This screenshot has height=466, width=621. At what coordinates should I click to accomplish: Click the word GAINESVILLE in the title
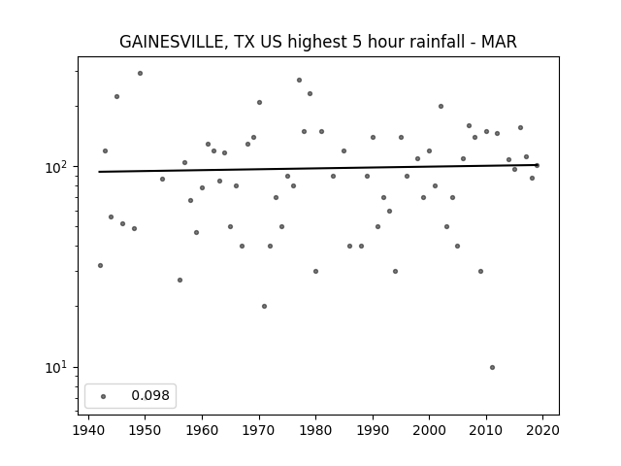pyautogui.click(x=173, y=42)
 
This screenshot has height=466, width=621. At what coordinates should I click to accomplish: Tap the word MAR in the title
pyautogui.click(x=499, y=42)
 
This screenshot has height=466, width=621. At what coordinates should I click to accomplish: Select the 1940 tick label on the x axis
pyautogui.click(x=88, y=430)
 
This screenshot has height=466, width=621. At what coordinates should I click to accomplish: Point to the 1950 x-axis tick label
pyautogui.click(x=145, y=430)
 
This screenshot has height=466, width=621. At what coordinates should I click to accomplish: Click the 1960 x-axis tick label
pyautogui.click(x=202, y=430)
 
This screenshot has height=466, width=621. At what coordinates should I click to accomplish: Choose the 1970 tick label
pyautogui.click(x=259, y=430)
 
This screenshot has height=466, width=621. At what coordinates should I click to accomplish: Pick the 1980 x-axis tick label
pyautogui.click(x=315, y=430)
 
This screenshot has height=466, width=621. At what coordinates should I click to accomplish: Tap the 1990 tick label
pyautogui.click(x=373, y=430)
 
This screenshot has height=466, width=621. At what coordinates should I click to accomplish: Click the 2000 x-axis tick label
pyautogui.click(x=429, y=430)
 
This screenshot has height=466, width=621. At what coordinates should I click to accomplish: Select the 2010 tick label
pyautogui.click(x=486, y=430)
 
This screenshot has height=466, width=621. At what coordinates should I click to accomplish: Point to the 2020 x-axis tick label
pyautogui.click(x=542, y=430)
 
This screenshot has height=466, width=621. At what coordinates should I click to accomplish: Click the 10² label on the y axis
pyautogui.click(x=58, y=167)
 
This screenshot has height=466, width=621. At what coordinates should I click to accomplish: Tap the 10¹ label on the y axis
pyautogui.click(x=58, y=368)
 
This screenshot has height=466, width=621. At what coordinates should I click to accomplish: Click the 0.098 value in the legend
pyautogui.click(x=150, y=395)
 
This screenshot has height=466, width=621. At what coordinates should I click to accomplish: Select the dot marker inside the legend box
pyautogui.click(x=104, y=396)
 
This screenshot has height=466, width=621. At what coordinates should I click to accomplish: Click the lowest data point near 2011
pyautogui.click(x=492, y=367)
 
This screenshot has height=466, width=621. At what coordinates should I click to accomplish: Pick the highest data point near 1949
pyautogui.click(x=140, y=74)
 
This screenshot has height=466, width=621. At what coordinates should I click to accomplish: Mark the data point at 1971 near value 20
pyautogui.click(x=264, y=307)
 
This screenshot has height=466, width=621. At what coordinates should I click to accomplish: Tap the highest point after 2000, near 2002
pyautogui.click(x=441, y=106)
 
